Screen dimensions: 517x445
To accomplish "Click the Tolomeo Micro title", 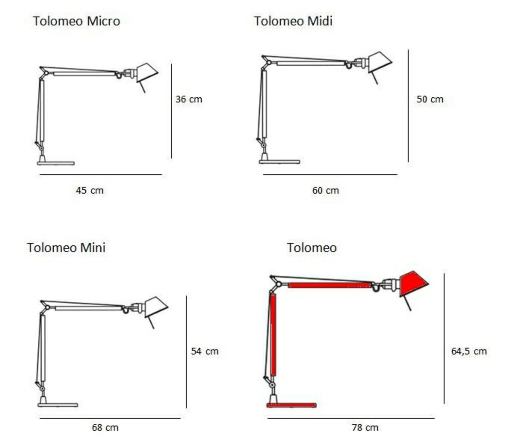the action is pyautogui.click(x=76, y=21).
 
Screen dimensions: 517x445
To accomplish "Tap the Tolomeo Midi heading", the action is pyautogui.click(x=293, y=21).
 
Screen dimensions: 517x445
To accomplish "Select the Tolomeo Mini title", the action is pyautogui.click(x=66, y=248).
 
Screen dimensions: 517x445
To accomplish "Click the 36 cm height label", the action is pyautogui.click(x=189, y=99).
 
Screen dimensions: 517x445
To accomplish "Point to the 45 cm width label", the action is pyautogui.click(x=90, y=190).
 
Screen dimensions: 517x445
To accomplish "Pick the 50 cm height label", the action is pyautogui.click(x=430, y=99).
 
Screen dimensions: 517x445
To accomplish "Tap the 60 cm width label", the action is pyautogui.click(x=326, y=190).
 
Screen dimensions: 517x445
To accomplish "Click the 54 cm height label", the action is pyautogui.click(x=205, y=351).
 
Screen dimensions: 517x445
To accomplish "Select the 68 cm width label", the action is pyautogui.click(x=105, y=427).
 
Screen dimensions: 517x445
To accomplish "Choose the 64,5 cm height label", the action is pyautogui.click(x=469, y=351).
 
